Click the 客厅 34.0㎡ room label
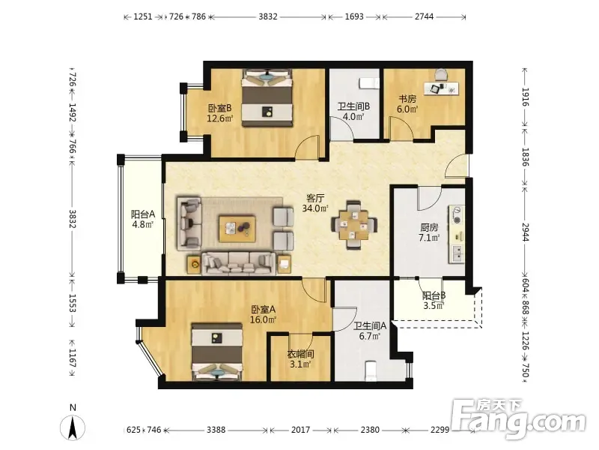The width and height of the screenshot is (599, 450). coord(315,203)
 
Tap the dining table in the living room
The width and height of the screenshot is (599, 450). coord(354,225)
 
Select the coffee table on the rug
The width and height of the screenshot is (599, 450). coord(237,229)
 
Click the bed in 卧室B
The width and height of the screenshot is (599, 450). coord(267,97)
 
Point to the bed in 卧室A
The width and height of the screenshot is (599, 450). coord(217,352)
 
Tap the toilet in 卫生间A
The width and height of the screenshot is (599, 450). coord(370,370)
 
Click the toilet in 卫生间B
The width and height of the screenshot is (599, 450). coord(369,83)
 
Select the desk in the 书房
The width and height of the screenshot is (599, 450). coord(442,88)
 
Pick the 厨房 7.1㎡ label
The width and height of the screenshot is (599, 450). coord(429,232)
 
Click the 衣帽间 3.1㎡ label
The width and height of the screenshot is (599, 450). coord(300,359)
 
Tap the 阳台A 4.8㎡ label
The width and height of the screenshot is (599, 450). coord(142,219)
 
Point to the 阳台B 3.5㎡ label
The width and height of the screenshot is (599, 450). coord(434,301)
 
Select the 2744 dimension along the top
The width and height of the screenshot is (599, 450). coord(424,16)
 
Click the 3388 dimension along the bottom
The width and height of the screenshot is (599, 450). coord(216,430)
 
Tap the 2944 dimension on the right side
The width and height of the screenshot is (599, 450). coord(526,232)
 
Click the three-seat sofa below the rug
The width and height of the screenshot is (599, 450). coord(239,263)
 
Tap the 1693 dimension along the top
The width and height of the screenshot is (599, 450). coord(354,16)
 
